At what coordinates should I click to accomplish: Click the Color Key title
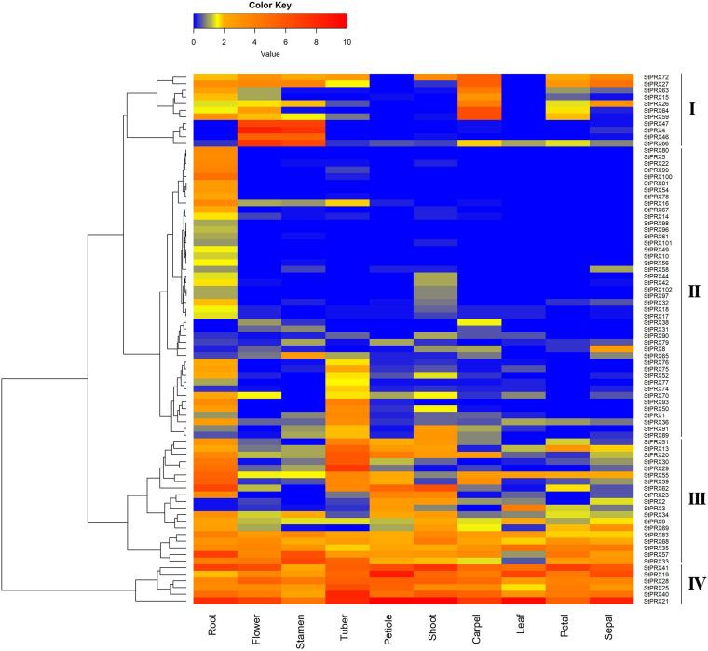point(270,6)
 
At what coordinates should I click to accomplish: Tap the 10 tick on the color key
point(347,43)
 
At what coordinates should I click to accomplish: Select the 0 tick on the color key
point(194,43)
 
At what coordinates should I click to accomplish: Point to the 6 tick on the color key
point(286,43)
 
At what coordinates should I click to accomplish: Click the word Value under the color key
point(270,55)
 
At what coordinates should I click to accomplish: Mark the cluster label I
point(691,108)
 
